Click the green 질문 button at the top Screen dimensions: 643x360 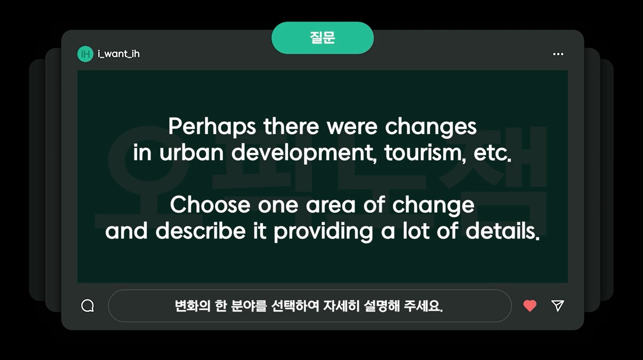[x=322, y=38]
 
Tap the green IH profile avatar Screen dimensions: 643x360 [x=85, y=54]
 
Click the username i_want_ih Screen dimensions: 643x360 [x=119, y=54]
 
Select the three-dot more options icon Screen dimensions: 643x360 [x=558, y=54]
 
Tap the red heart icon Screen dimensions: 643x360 [x=530, y=306]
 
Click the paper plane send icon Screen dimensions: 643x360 [x=557, y=306]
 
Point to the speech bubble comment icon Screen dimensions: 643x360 [x=88, y=306]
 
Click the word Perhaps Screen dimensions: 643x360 [x=212, y=126]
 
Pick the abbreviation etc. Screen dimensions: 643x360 [x=493, y=153]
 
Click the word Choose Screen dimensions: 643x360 [x=210, y=204]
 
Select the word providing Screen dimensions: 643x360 [x=323, y=232]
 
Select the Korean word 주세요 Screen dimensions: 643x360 [x=423, y=306]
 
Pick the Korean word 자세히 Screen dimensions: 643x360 [x=341, y=306]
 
